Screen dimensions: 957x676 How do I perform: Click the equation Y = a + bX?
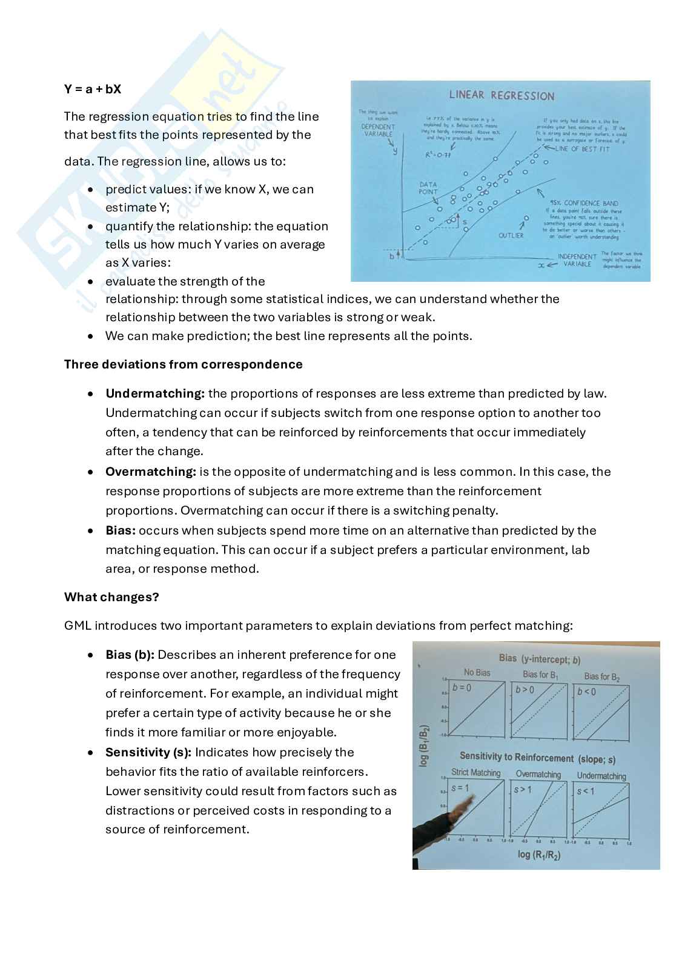(x=93, y=89)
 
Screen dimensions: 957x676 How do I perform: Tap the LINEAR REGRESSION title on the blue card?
(x=502, y=96)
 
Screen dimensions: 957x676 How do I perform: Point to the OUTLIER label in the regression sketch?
(x=511, y=235)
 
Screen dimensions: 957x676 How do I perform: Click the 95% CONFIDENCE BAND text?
(x=583, y=204)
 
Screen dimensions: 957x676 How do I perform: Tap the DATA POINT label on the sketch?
(x=428, y=188)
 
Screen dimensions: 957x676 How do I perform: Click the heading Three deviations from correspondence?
(x=183, y=364)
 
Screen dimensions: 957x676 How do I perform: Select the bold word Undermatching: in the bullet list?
(x=155, y=393)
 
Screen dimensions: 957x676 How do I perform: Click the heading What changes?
(x=111, y=597)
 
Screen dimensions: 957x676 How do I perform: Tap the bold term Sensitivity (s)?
(x=148, y=752)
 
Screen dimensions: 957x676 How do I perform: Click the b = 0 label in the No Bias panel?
(x=462, y=688)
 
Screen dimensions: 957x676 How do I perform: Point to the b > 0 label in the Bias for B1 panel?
(x=525, y=690)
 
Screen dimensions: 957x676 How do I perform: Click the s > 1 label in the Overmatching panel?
(x=522, y=790)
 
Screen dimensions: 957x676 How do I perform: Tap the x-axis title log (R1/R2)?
(x=538, y=855)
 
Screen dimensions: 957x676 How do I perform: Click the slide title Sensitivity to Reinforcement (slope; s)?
(x=537, y=758)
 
